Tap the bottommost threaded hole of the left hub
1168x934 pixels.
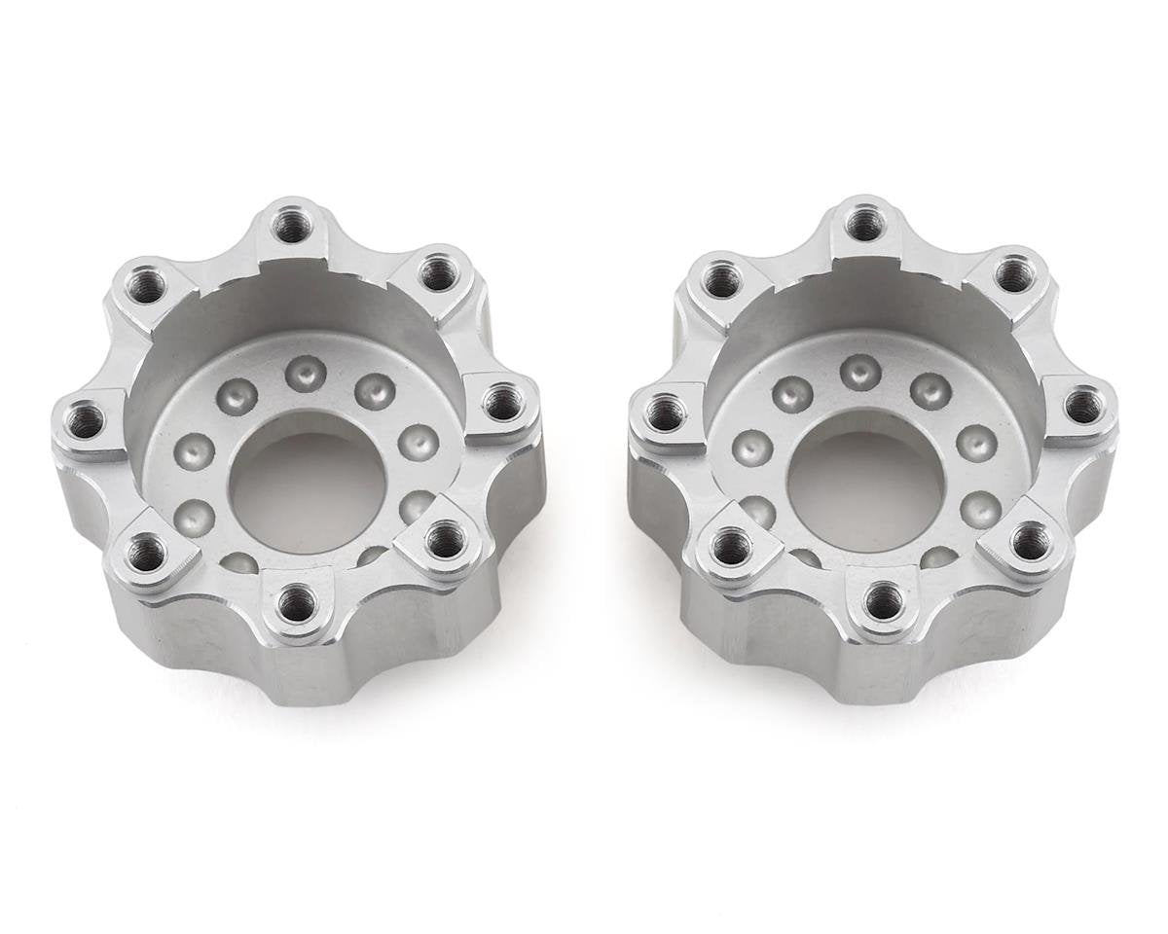297,604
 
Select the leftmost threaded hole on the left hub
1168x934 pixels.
88,421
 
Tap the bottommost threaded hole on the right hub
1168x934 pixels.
883,601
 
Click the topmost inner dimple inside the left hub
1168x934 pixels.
306,372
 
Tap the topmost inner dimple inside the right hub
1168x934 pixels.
860,371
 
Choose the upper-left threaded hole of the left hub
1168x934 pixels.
146,288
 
